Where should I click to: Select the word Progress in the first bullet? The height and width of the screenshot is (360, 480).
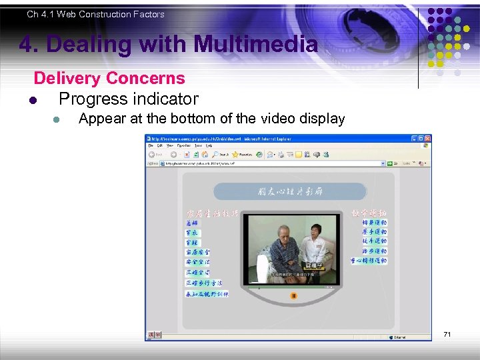click(92, 99)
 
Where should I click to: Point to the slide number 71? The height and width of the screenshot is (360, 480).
click(447, 333)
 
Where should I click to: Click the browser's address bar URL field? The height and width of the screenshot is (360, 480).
click(267, 163)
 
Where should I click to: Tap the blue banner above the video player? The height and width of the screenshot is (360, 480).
click(289, 192)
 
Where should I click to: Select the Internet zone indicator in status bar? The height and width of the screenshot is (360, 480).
click(400, 337)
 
